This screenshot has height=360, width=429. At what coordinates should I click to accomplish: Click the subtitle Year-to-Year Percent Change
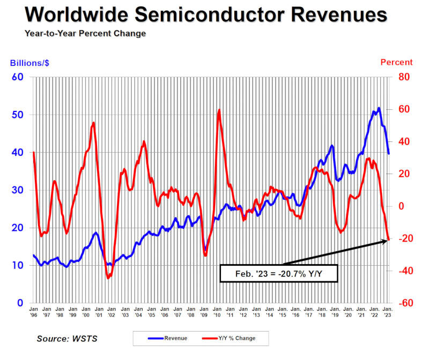pyautogui.click(x=85, y=33)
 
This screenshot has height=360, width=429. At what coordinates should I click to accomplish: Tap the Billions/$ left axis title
pyautogui.click(x=30, y=63)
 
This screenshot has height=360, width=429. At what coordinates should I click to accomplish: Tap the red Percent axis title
pyautogui.click(x=396, y=63)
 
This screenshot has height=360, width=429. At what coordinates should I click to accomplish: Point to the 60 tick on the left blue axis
pyautogui.click(x=18, y=77)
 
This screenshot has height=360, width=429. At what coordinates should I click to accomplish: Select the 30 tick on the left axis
pyautogui.click(x=18, y=190)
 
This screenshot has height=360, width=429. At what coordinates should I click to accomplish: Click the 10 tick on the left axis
pyautogui.click(x=18, y=265)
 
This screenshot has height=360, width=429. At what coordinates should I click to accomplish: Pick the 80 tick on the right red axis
pyautogui.click(x=403, y=77)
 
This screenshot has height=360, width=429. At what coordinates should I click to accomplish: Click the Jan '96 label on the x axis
pyautogui.click(x=34, y=312)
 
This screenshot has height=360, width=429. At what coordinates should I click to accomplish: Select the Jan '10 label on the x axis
pyautogui.click(x=217, y=312)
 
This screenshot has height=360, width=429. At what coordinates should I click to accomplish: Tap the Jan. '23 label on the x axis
pyautogui.click(x=387, y=312)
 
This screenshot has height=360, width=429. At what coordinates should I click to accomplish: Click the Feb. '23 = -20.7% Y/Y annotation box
pyautogui.click(x=278, y=273)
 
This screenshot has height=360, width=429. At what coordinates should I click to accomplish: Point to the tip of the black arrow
pyautogui.click(x=387, y=241)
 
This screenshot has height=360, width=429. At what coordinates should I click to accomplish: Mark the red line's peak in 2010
pyautogui.click(x=219, y=110)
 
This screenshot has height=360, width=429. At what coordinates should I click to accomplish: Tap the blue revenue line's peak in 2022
pyautogui.click(x=379, y=108)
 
